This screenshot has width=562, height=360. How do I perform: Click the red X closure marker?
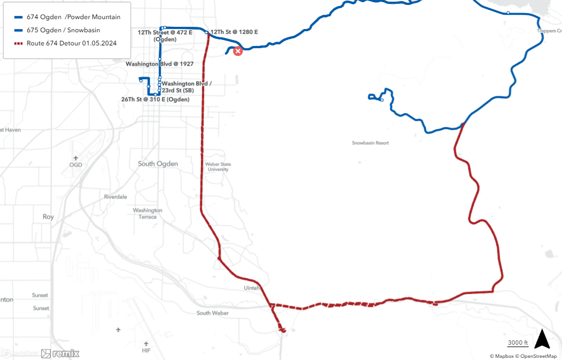[x=238, y=51]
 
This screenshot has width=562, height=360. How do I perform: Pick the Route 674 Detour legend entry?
[x=71, y=43]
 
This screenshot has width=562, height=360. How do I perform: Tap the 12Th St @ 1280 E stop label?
[x=234, y=32]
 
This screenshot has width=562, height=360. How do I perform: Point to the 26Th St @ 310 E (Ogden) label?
[x=155, y=99]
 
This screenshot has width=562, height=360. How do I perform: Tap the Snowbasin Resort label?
[x=370, y=143]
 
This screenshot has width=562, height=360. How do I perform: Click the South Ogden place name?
[x=158, y=164]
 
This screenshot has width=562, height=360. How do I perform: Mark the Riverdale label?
[x=115, y=196]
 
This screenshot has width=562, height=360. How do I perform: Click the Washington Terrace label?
[x=148, y=213]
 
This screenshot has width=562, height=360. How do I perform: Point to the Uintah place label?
[x=252, y=288]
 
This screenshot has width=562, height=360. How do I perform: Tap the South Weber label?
[x=213, y=313]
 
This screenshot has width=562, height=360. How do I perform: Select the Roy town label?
[x=48, y=217]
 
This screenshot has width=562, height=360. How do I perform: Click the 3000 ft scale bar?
[x=517, y=343]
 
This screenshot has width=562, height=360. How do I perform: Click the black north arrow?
[x=542, y=339]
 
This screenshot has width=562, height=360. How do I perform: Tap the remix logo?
[x=61, y=353]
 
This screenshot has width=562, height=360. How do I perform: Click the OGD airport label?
[x=76, y=165]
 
